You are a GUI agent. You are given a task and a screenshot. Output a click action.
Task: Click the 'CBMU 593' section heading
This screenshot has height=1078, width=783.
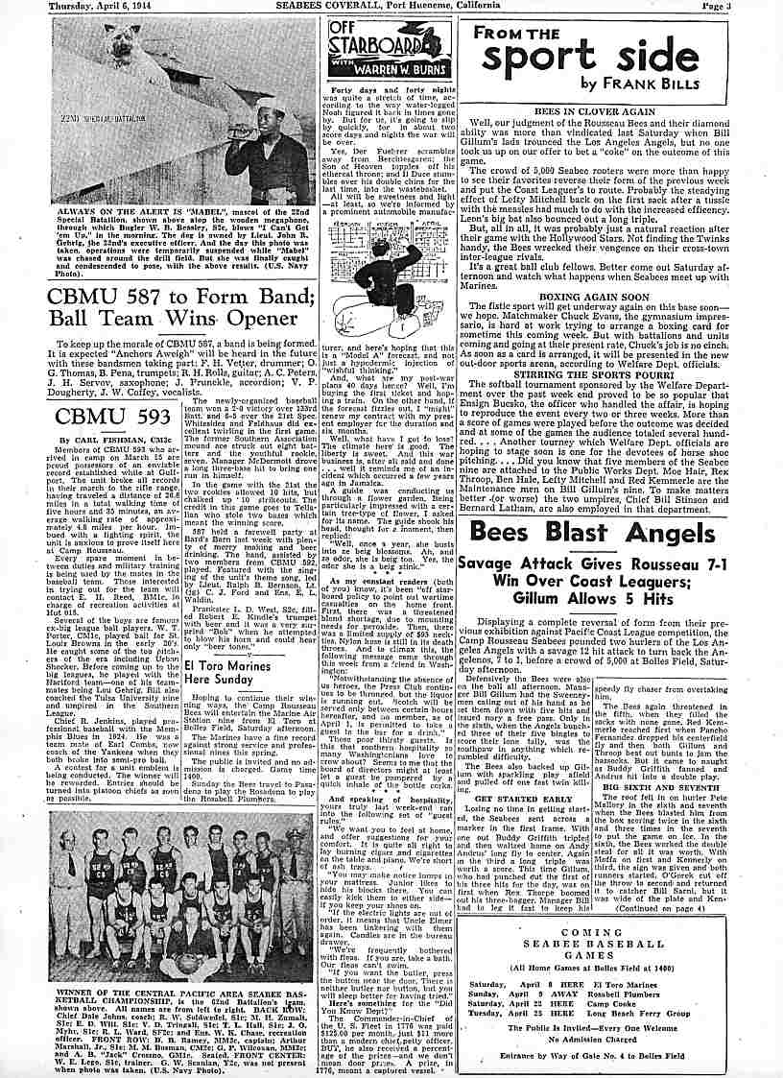coord(107,416)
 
